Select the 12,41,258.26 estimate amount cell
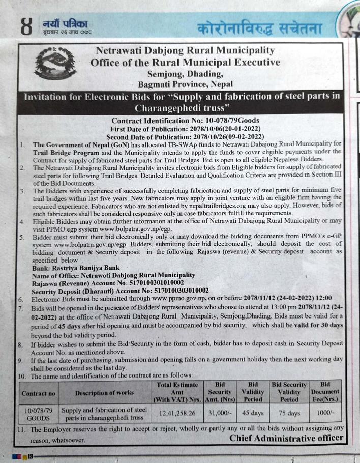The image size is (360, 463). point(178,414)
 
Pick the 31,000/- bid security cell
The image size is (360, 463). point(220,414)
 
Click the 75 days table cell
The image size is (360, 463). point(289,414)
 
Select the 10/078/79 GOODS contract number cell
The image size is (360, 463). point(39,414)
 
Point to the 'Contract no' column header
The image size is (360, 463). point(39,393)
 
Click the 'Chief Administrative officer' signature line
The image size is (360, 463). point(286,438)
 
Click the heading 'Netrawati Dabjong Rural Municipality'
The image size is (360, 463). point(185,50)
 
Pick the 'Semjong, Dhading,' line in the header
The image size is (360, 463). point(185,74)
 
